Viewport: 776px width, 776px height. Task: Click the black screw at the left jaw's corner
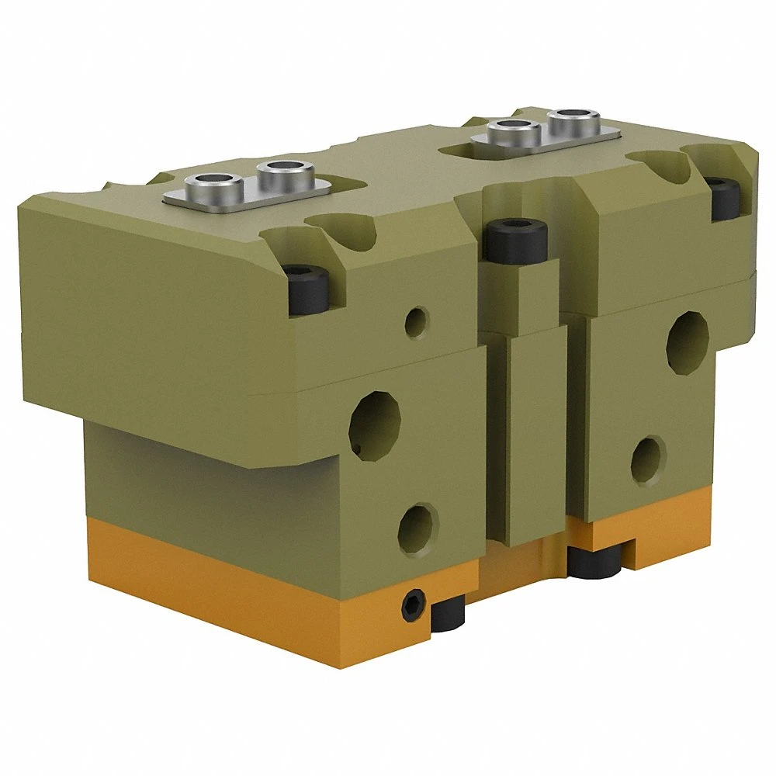coord(308,289)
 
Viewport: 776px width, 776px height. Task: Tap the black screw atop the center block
coord(517,240)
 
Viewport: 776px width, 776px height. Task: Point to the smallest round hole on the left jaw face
coord(417,320)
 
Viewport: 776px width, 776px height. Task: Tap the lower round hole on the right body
coord(647,461)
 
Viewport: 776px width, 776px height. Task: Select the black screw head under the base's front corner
coord(448,613)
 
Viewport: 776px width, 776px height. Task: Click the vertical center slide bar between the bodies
coord(535,435)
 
